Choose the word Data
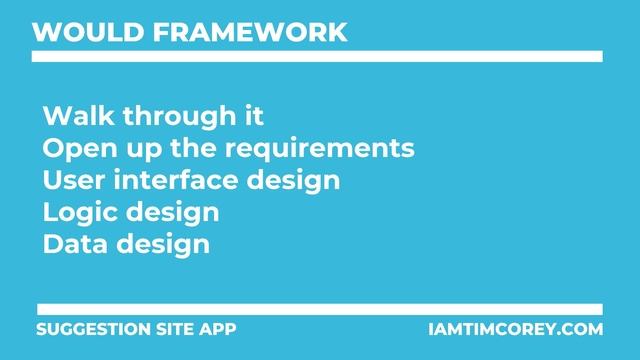click(73, 245)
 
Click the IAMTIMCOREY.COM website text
click(514, 329)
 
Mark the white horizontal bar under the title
click(317, 57)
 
